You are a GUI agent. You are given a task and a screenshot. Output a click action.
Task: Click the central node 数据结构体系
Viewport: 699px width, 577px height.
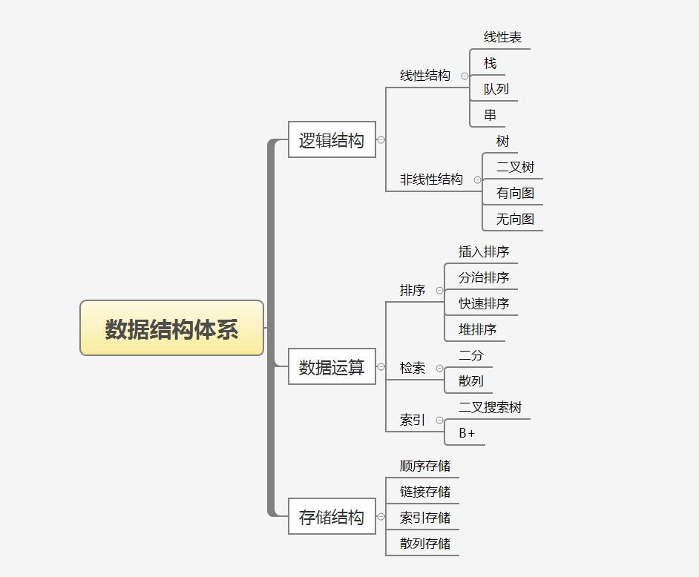pos(171,329)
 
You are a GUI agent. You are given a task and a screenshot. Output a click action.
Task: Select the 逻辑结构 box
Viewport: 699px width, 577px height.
pos(332,140)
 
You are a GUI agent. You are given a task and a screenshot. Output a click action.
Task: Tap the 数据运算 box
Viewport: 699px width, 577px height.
pos(332,367)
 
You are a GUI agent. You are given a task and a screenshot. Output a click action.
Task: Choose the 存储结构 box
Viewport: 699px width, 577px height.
pos(332,517)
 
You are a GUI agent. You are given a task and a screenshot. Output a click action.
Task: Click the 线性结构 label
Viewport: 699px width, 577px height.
pos(425,76)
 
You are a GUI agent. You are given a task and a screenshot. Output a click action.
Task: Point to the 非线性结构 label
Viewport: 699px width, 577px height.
pos(431,179)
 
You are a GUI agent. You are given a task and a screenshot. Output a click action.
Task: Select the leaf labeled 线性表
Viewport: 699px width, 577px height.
pos(503,37)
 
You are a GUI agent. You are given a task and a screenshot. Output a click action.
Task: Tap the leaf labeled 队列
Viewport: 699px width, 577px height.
pos(496,89)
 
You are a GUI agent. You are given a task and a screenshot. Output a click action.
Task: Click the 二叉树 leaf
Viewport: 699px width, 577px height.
pos(515,168)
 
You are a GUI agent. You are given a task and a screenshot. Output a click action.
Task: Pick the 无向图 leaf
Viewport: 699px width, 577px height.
pos(515,220)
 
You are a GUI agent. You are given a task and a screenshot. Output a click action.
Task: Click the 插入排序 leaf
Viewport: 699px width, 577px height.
pos(484,252)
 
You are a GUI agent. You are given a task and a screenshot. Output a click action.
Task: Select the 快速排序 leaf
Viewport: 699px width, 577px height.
pos(484,304)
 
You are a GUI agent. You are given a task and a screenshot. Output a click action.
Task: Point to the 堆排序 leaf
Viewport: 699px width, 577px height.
pos(477,329)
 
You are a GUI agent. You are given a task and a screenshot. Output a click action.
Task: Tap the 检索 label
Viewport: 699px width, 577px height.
pos(413,368)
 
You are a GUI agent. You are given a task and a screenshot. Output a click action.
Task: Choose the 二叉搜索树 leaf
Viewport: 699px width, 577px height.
pos(490,408)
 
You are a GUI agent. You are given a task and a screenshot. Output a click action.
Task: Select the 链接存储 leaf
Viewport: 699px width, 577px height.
pos(425,492)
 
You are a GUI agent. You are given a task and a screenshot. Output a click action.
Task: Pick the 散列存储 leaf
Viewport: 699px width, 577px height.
pos(425,544)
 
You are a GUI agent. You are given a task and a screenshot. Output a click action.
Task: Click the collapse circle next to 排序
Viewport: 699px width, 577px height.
pos(440,291)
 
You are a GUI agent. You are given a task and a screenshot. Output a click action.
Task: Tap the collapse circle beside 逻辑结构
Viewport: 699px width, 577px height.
pos(381,139)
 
